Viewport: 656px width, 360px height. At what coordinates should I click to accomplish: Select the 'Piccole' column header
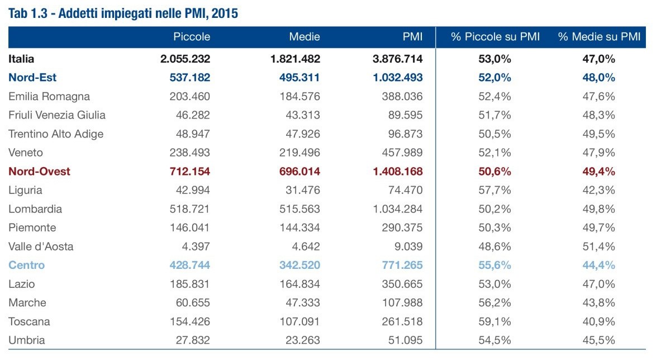192,37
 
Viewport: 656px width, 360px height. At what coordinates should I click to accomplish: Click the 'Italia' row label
22,59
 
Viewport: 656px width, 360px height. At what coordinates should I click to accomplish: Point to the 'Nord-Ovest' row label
39,171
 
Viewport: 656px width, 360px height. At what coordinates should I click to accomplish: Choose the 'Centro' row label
27,265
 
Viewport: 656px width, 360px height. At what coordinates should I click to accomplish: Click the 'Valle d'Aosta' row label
41,247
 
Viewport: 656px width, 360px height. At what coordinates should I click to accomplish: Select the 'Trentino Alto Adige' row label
56,134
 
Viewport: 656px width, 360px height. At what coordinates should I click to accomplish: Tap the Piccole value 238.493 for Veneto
189,153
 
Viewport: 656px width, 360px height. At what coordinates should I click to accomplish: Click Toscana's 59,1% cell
495,321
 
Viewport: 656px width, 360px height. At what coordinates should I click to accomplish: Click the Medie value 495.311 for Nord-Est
298,77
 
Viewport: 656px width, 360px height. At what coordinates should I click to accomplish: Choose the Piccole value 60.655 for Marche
192,302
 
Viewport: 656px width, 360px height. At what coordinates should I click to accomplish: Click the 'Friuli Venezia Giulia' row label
57,115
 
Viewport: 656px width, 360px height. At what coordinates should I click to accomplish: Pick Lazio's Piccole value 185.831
189,284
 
